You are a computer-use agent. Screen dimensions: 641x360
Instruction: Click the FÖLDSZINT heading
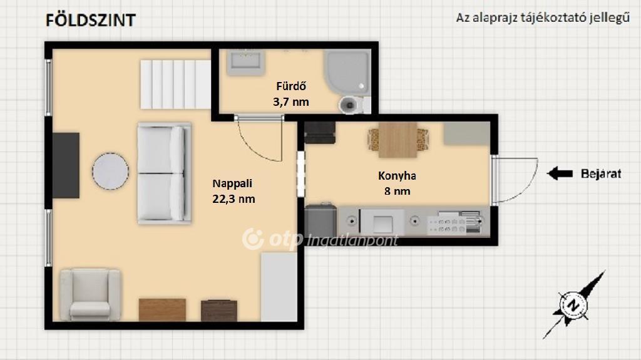90,20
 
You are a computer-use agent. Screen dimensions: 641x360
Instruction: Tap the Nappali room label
232,183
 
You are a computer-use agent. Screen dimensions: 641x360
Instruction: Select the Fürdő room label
291,86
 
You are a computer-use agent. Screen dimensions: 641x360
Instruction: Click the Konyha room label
397,175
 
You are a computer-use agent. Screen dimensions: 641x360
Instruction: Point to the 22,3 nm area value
233,199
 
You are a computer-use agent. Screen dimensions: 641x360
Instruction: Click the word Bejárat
601,173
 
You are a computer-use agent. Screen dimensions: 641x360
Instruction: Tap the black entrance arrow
560,173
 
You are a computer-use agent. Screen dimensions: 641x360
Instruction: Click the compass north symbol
574,305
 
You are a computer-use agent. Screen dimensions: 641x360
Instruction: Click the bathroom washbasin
245,63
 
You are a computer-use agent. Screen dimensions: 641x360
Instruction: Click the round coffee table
110,171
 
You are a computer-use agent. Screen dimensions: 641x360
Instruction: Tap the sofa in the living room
165,173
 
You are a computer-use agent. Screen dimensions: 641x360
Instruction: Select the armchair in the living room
90,294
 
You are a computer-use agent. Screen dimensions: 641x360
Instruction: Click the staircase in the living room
176,85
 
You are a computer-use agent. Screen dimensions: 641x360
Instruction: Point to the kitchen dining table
397,140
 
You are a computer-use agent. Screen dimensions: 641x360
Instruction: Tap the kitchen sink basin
382,223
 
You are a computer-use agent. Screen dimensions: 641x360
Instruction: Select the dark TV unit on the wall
66,165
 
